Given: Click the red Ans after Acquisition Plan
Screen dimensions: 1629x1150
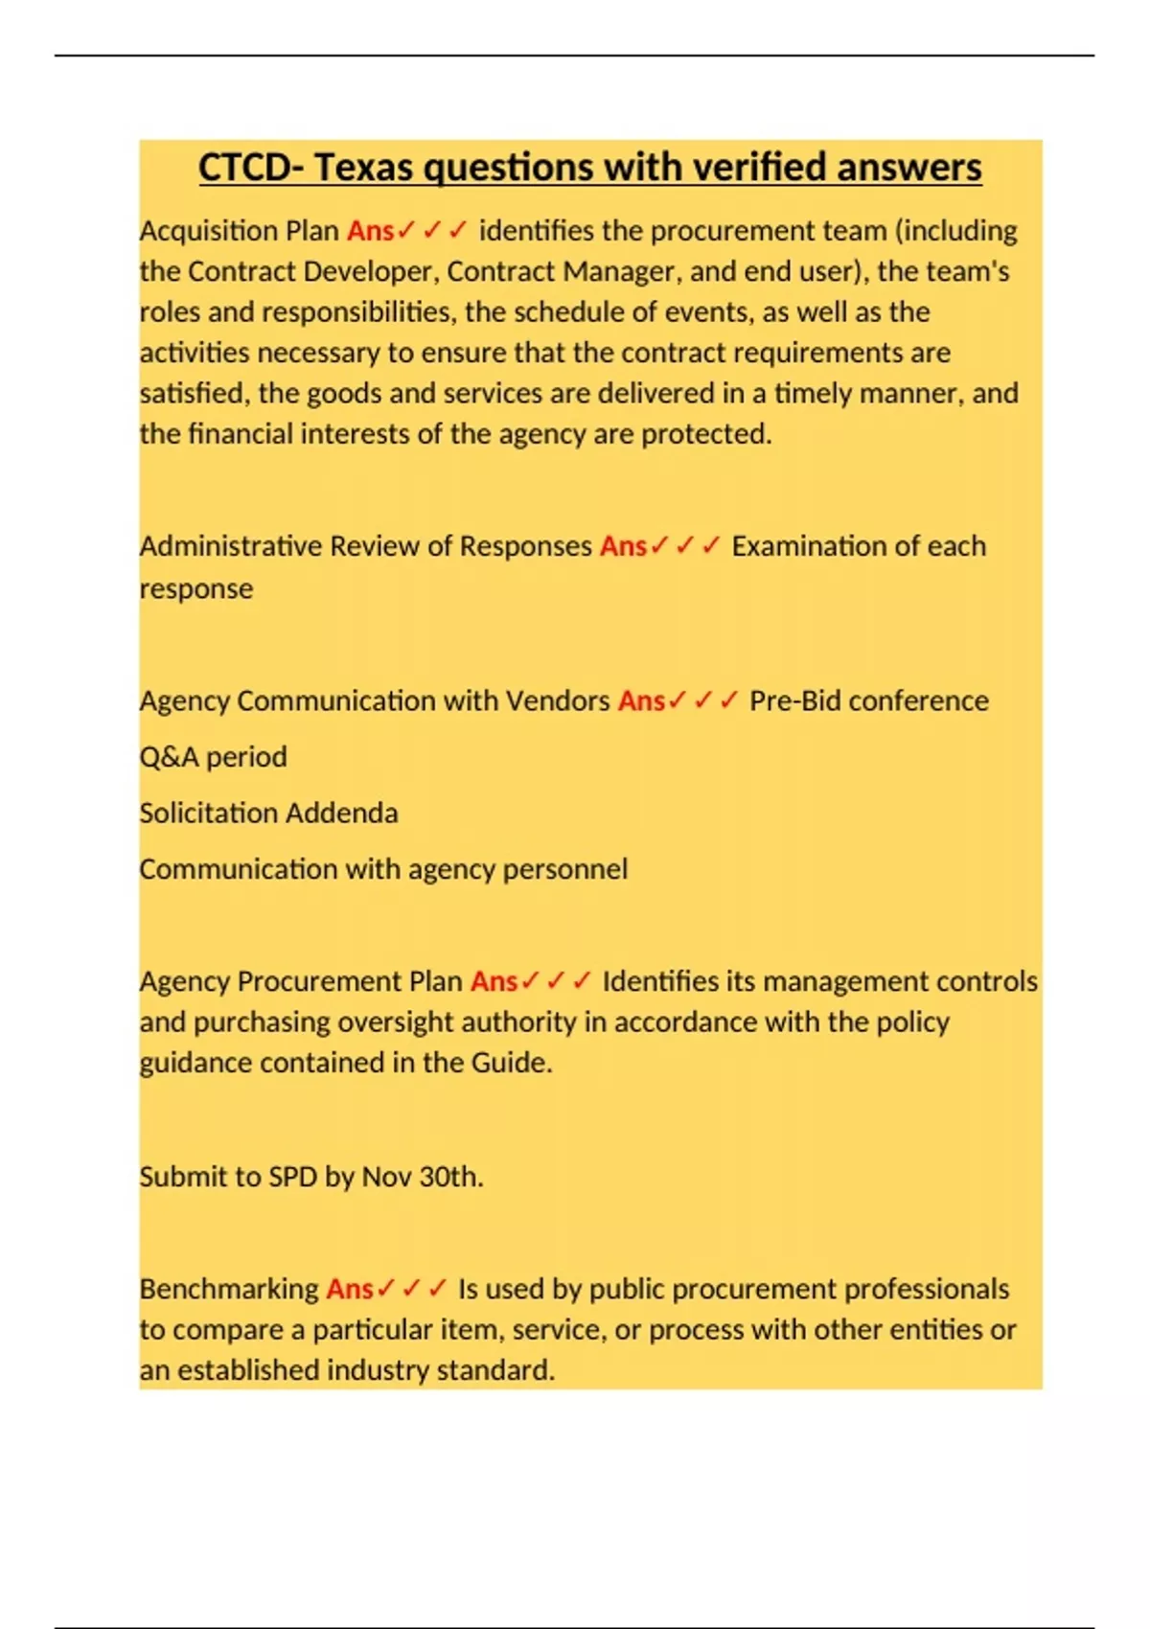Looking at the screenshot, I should click(x=370, y=231).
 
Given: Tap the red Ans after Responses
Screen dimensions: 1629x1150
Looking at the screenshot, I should click(x=623, y=546).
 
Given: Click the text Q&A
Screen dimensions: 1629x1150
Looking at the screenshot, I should click(x=169, y=757).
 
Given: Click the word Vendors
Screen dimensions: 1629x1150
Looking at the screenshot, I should click(x=557, y=701).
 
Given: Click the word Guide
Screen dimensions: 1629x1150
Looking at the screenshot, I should click(x=511, y=1063).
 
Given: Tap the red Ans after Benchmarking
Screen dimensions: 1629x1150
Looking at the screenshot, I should click(x=349, y=1290).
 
